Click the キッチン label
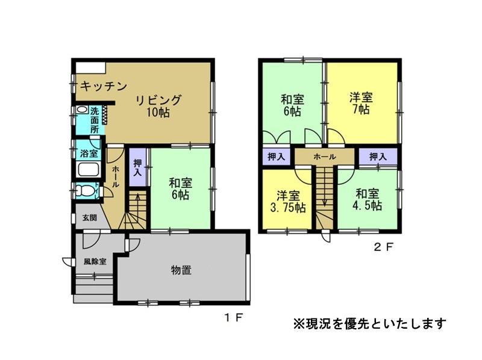(104, 86)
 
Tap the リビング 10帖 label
(158, 106)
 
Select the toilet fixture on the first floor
(84, 191)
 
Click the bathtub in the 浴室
(88, 170)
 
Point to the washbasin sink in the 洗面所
(81, 110)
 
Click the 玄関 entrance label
(90, 218)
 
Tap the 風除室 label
(95, 262)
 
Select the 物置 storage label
(181, 270)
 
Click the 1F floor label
(234, 318)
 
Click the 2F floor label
(383, 247)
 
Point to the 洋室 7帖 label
(361, 104)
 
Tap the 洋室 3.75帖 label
(288, 202)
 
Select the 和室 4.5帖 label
(367, 200)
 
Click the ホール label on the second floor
(325, 157)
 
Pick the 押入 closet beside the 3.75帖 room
(277, 157)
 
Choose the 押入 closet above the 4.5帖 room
(378, 157)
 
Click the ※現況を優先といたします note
(370, 324)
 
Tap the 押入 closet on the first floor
(137, 167)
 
